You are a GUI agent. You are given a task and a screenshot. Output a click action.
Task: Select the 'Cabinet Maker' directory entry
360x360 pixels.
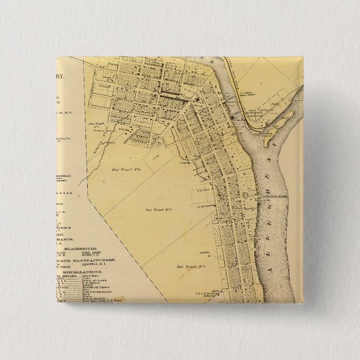[87, 278]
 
